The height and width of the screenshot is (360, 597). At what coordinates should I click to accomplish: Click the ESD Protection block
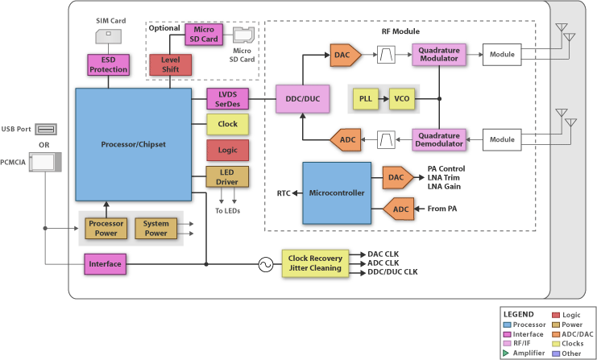[108, 64]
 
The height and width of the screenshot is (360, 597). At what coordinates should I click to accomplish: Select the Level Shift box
[169, 64]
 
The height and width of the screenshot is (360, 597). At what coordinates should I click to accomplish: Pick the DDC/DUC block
[302, 98]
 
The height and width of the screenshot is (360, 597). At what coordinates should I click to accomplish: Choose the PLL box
[367, 98]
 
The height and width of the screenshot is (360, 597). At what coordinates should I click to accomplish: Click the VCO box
[400, 98]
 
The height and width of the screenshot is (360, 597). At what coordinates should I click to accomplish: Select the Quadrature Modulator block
[440, 55]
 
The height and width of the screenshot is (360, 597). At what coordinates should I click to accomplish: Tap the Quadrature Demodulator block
[440, 140]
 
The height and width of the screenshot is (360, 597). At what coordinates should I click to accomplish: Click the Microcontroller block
[336, 193]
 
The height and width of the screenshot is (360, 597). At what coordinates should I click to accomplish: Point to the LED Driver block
[227, 176]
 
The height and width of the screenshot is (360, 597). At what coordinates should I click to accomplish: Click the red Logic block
[227, 150]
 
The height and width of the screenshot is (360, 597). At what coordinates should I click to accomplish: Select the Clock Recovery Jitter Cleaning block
[315, 263]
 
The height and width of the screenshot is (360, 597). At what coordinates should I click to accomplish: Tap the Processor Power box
[106, 228]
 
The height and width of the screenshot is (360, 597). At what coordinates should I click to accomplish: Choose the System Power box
[155, 228]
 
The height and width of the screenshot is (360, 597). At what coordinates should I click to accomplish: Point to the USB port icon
[46, 129]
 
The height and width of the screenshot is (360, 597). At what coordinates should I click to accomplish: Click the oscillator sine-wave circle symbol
[263, 263]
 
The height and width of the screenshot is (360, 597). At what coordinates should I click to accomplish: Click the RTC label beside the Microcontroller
[284, 193]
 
